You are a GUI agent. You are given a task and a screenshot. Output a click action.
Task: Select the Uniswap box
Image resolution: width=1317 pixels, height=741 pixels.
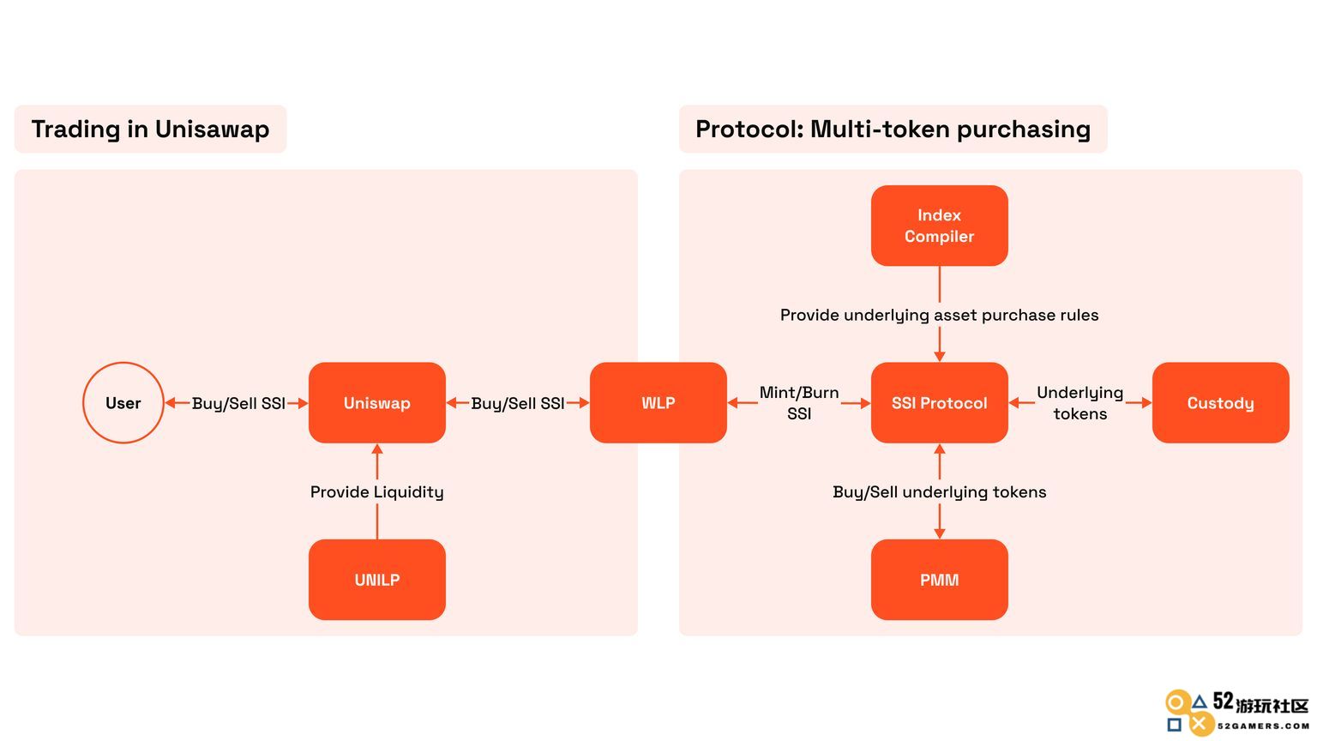click(x=377, y=403)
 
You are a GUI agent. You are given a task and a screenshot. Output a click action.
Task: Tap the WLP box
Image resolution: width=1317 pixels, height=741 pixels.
click(x=658, y=403)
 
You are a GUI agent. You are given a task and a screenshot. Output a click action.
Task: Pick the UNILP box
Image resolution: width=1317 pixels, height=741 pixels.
click(x=377, y=580)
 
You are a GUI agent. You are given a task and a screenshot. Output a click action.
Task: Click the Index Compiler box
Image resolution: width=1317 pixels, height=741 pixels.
click(x=940, y=226)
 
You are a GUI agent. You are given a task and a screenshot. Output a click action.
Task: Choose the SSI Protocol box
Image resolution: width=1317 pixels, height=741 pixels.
click(x=940, y=403)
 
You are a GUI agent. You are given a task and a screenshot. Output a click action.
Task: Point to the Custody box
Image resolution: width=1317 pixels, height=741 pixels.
click(x=1221, y=403)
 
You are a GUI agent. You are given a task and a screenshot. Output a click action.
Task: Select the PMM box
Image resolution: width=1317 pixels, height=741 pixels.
click(x=940, y=580)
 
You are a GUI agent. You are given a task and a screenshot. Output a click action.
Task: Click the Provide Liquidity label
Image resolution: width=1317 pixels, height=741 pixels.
click(x=377, y=492)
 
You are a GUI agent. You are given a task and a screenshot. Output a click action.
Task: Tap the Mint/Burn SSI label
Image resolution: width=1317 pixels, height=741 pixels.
click(x=799, y=403)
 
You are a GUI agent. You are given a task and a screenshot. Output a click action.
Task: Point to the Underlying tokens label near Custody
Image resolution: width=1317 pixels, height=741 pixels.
click(x=1080, y=403)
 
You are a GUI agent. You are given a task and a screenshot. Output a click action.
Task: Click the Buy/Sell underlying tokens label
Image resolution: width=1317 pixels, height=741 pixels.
click(x=940, y=492)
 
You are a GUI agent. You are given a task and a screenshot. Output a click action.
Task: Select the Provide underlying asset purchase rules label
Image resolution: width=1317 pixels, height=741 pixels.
click(x=940, y=316)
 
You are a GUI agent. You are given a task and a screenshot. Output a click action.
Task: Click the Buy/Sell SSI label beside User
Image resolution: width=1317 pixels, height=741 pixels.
click(x=238, y=403)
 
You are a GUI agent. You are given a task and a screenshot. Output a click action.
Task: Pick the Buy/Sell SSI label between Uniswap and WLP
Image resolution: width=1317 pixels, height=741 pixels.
click(x=517, y=403)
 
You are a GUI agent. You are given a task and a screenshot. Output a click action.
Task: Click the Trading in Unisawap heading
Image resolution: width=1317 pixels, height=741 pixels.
click(x=151, y=130)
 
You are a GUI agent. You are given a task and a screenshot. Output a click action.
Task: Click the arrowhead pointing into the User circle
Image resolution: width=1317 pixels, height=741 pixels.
click(x=171, y=403)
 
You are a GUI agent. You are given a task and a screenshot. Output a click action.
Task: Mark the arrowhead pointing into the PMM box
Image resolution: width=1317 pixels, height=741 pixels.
click(x=940, y=533)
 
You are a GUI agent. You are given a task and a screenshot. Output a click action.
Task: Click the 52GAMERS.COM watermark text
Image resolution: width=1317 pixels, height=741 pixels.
click(x=1263, y=726)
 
